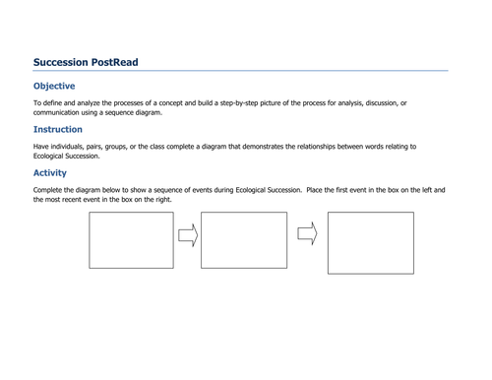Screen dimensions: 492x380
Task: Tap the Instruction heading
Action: pos(58,129)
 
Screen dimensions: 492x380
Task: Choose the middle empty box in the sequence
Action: pos(243,240)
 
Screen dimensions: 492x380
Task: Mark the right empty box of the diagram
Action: pos(371,242)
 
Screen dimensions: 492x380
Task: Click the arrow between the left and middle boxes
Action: pos(187,235)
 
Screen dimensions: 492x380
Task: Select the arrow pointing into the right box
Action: pos(307,233)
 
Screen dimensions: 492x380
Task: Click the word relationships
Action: pos(332,147)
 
